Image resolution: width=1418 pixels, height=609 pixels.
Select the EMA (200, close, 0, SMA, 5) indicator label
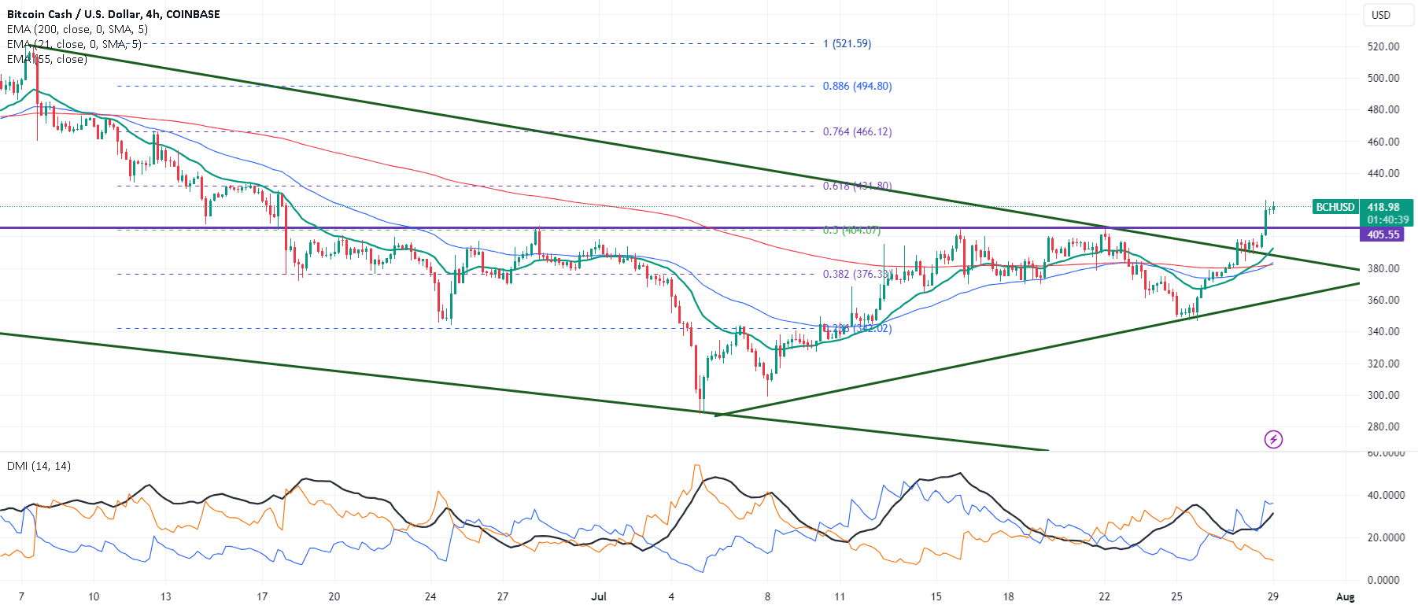[x=77, y=29]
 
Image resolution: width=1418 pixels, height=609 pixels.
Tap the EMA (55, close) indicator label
[x=47, y=59]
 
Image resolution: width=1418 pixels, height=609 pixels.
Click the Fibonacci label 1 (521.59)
[x=847, y=44]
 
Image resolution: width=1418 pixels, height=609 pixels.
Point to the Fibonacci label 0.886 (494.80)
[x=857, y=87]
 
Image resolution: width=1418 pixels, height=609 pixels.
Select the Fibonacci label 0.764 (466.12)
[x=857, y=131]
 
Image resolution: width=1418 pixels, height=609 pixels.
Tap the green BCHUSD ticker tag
[x=1335, y=207]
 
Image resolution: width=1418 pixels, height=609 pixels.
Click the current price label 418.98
[x=1383, y=207]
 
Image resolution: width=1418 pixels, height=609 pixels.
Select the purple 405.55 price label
[x=1383, y=234]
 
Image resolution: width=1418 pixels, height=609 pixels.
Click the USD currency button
[x=1380, y=15]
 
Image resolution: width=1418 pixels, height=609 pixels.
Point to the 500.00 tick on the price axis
[x=1383, y=78]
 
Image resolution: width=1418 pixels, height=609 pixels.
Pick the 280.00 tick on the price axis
[x=1383, y=426]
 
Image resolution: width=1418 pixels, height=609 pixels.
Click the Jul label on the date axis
[x=599, y=596]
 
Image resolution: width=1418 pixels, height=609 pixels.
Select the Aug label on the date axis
[x=1345, y=596]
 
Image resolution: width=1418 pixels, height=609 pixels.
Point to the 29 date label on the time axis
[x=1272, y=596]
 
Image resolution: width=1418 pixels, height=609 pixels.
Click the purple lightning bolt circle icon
[x=1272, y=439]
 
